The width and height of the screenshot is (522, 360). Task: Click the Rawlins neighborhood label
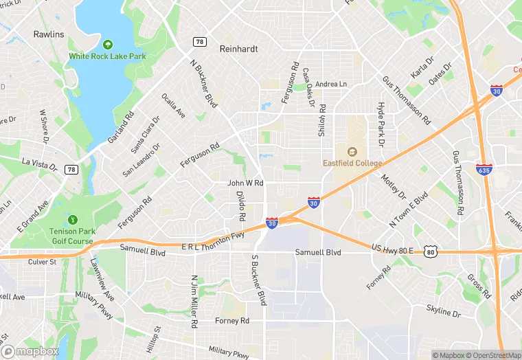(x=48, y=34)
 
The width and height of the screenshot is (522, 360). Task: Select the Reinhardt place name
(x=238, y=49)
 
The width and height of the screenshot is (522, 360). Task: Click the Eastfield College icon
(x=352, y=152)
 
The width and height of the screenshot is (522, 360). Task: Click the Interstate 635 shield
(x=483, y=168)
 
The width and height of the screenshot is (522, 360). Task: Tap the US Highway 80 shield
(x=430, y=253)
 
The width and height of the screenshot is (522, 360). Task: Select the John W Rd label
(x=245, y=183)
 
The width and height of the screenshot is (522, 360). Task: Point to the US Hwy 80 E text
(x=391, y=248)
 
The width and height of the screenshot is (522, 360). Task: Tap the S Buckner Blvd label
(x=258, y=280)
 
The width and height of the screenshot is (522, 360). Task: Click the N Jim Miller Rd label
(x=194, y=301)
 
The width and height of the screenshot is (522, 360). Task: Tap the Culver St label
(x=41, y=262)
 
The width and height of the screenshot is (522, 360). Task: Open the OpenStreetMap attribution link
(x=492, y=355)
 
